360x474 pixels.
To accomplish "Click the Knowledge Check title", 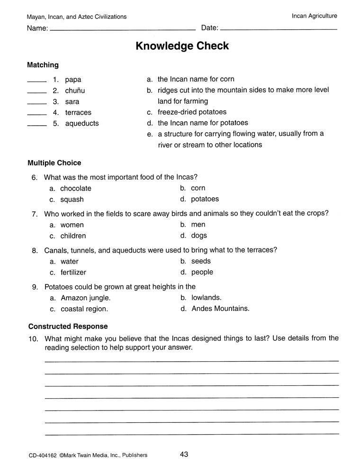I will tap(182, 46).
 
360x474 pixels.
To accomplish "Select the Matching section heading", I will tap(43, 65).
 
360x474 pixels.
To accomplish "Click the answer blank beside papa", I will tap(36, 81).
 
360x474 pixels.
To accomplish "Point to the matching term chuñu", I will tap(75, 91).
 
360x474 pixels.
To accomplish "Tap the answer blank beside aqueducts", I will tap(36, 125).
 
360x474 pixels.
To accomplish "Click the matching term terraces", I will tap(78, 112).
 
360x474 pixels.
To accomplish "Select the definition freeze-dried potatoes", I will tap(192, 112).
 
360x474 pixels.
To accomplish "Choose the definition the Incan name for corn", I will tap(196, 79).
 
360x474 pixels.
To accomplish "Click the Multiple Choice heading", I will tap(54, 163).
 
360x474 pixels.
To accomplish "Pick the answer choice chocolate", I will tap(75, 188).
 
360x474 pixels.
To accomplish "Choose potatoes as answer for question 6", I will tap(205, 199).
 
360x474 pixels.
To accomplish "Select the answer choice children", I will tap(73, 236).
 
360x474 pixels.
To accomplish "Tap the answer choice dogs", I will tap(199, 236).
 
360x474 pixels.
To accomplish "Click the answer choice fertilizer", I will tap(73, 273).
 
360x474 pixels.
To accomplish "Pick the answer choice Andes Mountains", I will tap(220, 309).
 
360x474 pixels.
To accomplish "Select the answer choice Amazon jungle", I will tap(85, 298).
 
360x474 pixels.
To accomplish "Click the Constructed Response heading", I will tap(68, 327).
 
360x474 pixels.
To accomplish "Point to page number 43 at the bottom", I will tap(184, 455).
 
